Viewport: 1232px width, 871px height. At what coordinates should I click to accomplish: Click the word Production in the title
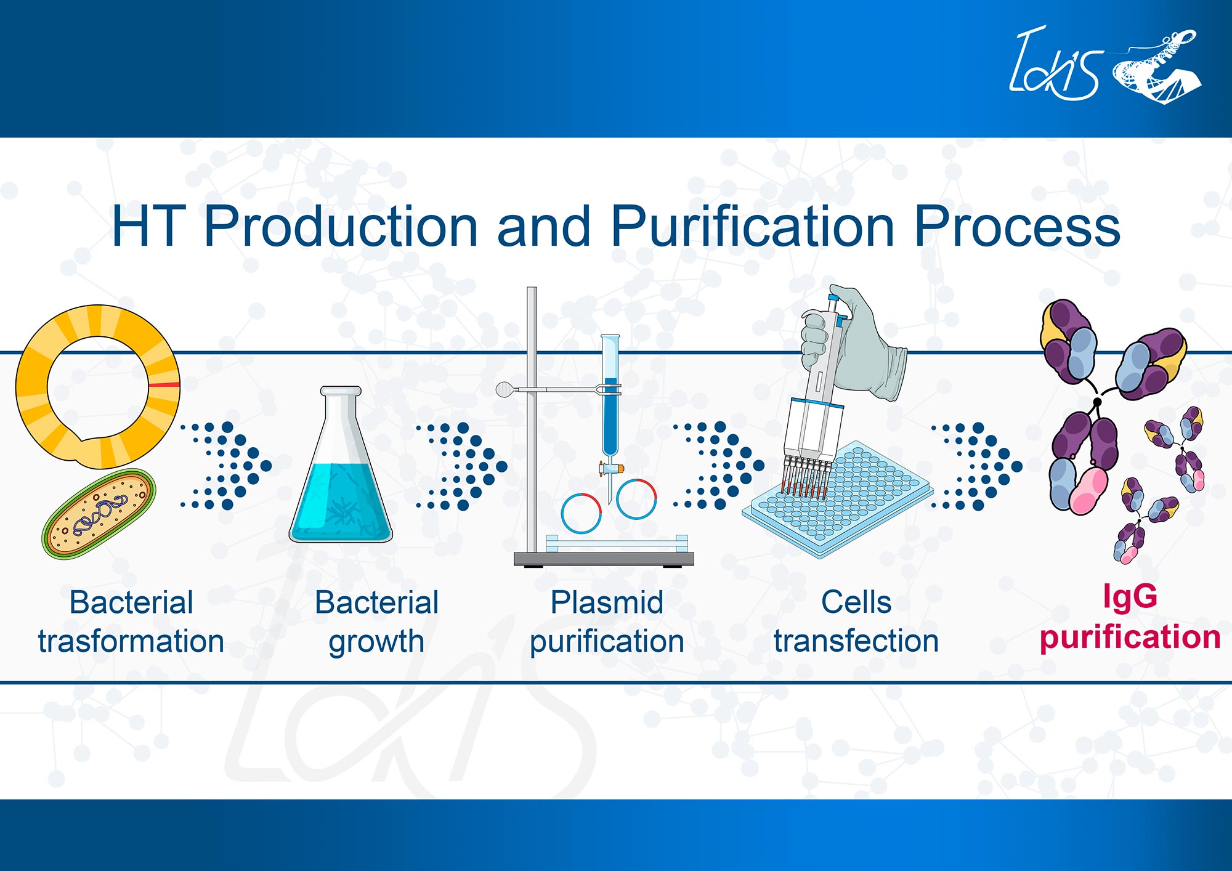pos(341,227)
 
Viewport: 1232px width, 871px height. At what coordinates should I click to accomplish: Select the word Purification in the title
pos(752,227)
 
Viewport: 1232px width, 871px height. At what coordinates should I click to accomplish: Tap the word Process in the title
pos(1016,227)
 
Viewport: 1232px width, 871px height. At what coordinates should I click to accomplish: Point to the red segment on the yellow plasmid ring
pos(163,385)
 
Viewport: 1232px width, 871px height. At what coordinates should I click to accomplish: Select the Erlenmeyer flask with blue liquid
pos(341,474)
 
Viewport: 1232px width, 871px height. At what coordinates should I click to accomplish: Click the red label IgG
pos(1130,596)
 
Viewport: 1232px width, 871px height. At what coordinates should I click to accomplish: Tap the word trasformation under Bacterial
pos(131,641)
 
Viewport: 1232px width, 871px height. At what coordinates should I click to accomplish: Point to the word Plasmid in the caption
pos(607,602)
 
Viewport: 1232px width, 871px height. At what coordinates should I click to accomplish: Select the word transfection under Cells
pos(856,641)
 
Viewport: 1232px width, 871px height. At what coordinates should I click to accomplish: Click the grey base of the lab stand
pos(604,559)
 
